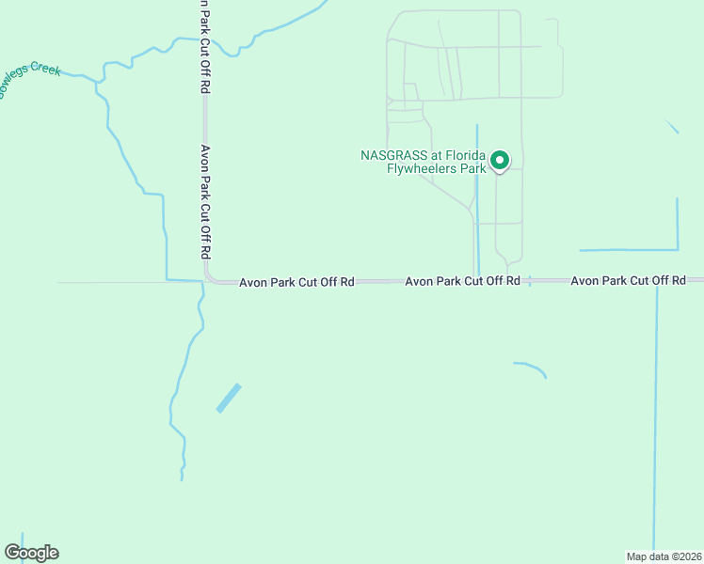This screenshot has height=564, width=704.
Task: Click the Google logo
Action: tap(31, 552)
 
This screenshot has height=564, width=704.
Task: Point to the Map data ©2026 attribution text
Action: tap(664, 556)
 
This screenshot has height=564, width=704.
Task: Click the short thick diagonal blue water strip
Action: tap(229, 398)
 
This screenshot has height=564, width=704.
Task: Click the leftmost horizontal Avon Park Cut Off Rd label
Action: tap(296, 282)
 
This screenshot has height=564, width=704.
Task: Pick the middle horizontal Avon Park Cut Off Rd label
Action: tap(462, 281)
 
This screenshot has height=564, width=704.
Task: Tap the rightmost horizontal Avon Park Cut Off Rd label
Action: tap(628, 281)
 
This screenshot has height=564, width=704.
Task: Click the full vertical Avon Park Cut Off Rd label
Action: tap(204, 202)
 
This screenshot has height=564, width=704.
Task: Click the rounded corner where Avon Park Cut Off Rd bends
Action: tap(209, 278)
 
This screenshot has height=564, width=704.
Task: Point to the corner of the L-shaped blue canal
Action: tap(677, 249)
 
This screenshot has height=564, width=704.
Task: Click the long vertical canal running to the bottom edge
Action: tap(655, 423)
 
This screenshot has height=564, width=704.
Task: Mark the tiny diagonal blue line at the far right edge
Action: tap(672, 127)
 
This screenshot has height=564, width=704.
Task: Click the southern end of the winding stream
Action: tap(182, 478)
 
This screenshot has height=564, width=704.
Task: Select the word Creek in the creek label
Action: tap(45, 70)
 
